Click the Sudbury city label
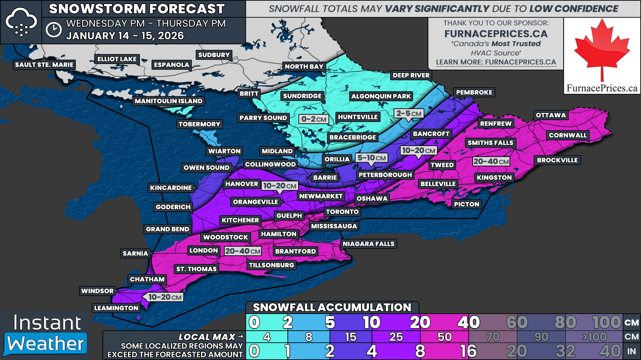[x=214, y=55]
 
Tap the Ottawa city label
[x=551, y=115]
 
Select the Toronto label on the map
[x=342, y=212]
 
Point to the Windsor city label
[x=97, y=291]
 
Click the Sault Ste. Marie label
[x=44, y=65]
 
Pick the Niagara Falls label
[x=368, y=244]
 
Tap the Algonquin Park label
[x=381, y=96]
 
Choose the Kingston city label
[x=494, y=178]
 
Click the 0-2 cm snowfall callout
[x=313, y=119]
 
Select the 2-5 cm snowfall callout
[x=409, y=114]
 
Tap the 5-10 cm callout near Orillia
[x=372, y=158]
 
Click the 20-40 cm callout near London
[x=243, y=251]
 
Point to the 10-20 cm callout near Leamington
[x=165, y=297]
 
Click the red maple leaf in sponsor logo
[x=602, y=48]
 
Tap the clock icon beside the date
[x=53, y=30]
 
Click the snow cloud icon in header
[x=21, y=22]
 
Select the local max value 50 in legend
[x=444, y=337]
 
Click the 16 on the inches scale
[x=468, y=351]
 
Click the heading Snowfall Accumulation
[x=332, y=307]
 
